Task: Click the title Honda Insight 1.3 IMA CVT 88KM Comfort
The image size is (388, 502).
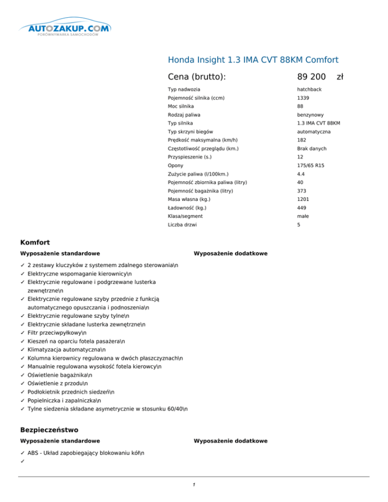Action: pos(253,60)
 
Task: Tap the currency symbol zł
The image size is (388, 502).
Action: pos(340,77)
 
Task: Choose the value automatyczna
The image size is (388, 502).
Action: pos(314,132)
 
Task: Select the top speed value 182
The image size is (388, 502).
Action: pos(302,140)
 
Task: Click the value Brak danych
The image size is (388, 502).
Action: pos(312,148)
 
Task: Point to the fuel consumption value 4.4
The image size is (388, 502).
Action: pos(301,174)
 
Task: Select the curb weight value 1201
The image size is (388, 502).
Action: pos(303,199)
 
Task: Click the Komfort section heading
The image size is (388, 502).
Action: pos(34,242)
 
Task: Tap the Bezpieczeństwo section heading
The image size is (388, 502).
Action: pos(49,430)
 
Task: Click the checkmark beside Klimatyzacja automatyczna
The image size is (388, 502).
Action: pos(23,349)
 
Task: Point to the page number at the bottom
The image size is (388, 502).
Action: pos(194,485)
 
